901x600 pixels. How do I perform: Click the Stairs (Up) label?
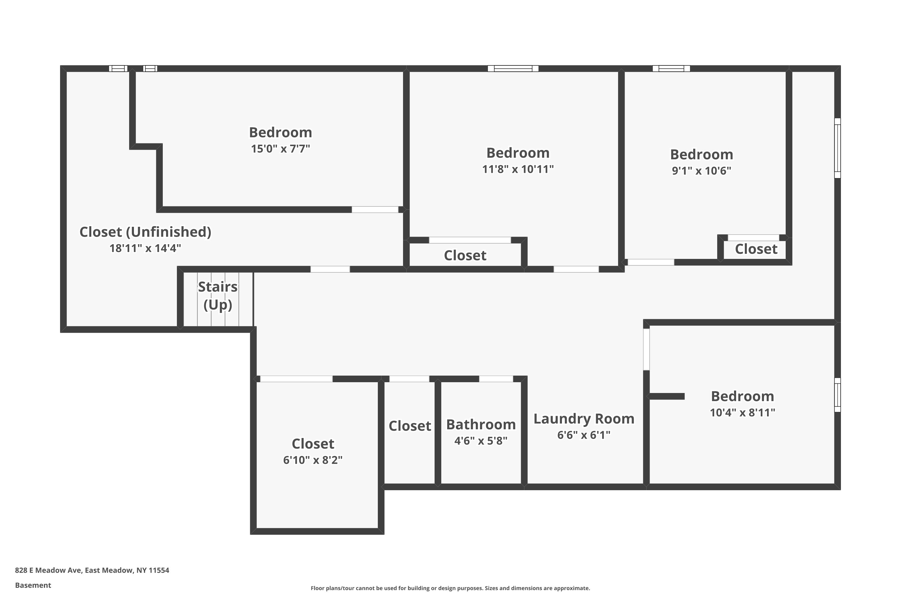coord(217,296)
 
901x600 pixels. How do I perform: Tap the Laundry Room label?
coord(584,418)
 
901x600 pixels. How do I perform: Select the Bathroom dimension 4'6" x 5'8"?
coord(481,441)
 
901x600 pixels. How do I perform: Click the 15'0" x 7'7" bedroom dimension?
coord(281,148)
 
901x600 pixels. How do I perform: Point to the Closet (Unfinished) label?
coord(145,232)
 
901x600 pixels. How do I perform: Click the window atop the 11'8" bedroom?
coord(513,68)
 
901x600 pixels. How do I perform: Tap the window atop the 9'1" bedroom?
coord(671,68)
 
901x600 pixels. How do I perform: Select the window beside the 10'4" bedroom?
coord(837,395)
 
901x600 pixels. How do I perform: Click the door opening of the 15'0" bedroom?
coord(375,209)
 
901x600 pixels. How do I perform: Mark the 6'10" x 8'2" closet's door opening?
coord(296,379)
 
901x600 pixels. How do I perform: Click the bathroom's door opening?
coord(496,379)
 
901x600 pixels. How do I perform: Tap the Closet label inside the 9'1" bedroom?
coord(756,249)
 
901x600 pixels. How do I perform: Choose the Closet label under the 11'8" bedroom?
coord(465,256)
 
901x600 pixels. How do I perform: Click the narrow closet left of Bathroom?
coord(410,426)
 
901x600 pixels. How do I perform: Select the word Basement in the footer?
coord(33,585)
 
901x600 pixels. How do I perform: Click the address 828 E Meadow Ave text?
coord(92,570)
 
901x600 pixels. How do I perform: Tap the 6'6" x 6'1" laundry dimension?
coord(584,435)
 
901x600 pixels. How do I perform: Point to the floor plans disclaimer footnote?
coord(450,588)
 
